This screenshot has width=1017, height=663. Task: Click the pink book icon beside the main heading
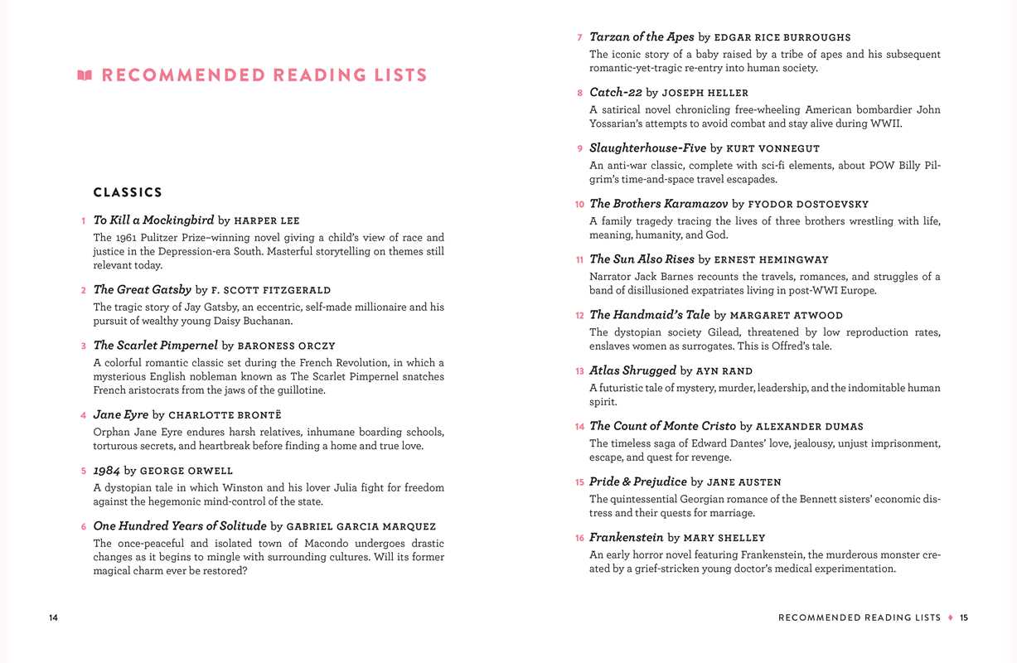[84, 75]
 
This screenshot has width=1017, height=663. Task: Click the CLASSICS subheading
[128, 192]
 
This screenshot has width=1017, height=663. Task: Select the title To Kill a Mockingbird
[153, 220]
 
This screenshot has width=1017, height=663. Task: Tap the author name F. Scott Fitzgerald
[271, 290]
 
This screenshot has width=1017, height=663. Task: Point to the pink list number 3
[84, 346]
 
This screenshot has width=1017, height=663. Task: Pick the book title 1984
[107, 471]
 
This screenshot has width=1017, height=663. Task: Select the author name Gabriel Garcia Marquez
[361, 526]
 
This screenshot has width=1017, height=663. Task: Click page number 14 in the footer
[54, 617]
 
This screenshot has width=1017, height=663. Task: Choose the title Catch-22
[615, 93]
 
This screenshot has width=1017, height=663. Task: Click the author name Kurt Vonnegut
[772, 148]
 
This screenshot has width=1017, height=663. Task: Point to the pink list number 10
[579, 204]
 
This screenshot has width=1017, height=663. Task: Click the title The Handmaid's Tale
[649, 315]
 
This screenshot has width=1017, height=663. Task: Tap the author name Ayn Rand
[725, 371]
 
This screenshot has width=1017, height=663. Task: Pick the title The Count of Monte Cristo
[662, 426]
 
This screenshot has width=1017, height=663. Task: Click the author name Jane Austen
[743, 482]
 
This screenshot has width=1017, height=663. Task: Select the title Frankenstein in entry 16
[626, 538]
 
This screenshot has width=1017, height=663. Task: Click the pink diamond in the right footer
[951, 617]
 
